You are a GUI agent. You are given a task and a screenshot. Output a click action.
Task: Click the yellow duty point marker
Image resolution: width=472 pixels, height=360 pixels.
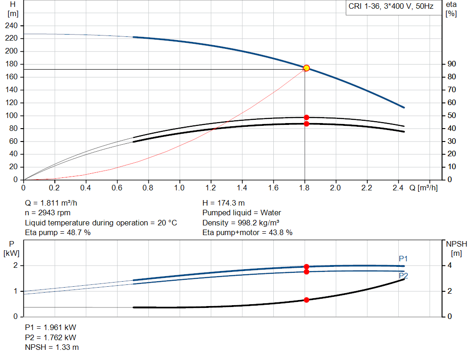coord(306,68)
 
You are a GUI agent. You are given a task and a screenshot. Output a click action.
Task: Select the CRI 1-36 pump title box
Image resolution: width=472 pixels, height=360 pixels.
coord(390,8)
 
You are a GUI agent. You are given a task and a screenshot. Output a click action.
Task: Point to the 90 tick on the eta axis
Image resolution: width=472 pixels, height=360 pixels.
coord(450,64)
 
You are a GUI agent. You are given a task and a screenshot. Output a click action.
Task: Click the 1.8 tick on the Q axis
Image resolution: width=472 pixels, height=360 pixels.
coord(304,188)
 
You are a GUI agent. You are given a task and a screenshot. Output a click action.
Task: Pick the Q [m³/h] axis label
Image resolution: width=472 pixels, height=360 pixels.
coord(423,188)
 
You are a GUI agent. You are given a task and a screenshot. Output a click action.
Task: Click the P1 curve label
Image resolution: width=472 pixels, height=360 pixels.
coord(403,259)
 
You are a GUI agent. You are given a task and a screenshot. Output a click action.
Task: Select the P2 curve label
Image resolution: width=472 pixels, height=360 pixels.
coord(403,276)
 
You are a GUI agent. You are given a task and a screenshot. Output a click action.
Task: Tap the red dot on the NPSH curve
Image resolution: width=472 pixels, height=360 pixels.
coord(306,300)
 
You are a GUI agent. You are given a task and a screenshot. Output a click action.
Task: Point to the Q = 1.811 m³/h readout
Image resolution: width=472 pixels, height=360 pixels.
coord(54,203)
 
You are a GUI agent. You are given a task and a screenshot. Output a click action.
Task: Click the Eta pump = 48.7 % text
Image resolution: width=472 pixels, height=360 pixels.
coord(58,233)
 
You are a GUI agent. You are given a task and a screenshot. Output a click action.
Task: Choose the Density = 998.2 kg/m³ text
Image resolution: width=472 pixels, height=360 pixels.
coord(241,223)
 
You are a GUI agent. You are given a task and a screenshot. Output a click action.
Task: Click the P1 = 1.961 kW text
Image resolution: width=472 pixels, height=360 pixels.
coord(50,327)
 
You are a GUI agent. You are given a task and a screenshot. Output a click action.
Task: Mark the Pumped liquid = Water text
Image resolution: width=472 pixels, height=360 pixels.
coord(242,213)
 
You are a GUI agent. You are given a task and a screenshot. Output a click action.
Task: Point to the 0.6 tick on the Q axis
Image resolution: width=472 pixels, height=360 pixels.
coord(117,188)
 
